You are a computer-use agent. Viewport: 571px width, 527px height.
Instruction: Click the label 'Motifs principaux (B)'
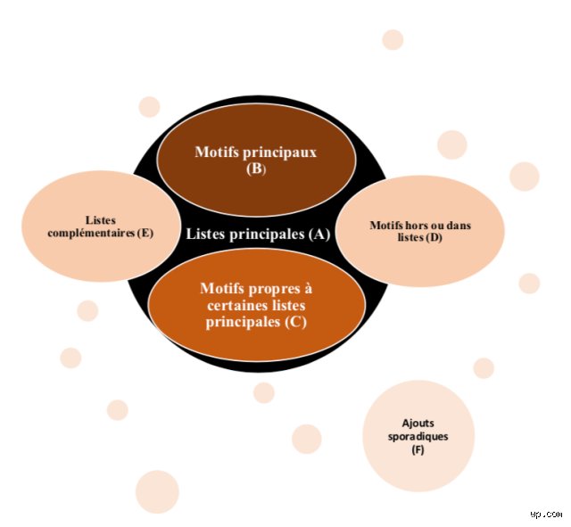(256, 161)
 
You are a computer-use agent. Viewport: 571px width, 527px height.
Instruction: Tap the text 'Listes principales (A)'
(258, 234)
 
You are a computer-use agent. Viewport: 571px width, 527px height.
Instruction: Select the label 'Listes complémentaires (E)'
(101, 226)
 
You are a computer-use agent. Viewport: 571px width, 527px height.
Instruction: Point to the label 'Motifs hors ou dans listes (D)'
(420, 231)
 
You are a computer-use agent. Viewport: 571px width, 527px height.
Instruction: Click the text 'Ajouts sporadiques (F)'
(418, 436)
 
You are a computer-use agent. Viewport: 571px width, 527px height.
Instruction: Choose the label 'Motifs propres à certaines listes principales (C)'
(256, 305)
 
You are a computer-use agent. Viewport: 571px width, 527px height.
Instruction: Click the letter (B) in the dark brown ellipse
(256, 169)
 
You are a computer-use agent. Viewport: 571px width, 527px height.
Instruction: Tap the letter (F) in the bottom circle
(418, 449)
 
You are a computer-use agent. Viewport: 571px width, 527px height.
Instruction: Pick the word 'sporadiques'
(418, 436)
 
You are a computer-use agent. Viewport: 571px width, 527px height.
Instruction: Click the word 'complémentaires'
(92, 233)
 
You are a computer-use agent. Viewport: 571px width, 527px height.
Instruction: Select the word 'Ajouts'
(418, 423)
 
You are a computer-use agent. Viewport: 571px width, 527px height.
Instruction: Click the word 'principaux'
(280, 152)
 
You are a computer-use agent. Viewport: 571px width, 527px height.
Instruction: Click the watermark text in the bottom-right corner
(546, 514)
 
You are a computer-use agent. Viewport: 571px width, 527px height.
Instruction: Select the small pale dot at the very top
(393, 39)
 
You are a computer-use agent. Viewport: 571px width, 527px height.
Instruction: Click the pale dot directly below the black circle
(264, 392)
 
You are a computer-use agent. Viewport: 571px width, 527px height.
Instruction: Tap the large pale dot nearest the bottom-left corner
(157, 491)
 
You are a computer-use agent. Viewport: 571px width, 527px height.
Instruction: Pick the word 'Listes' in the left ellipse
(101, 220)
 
